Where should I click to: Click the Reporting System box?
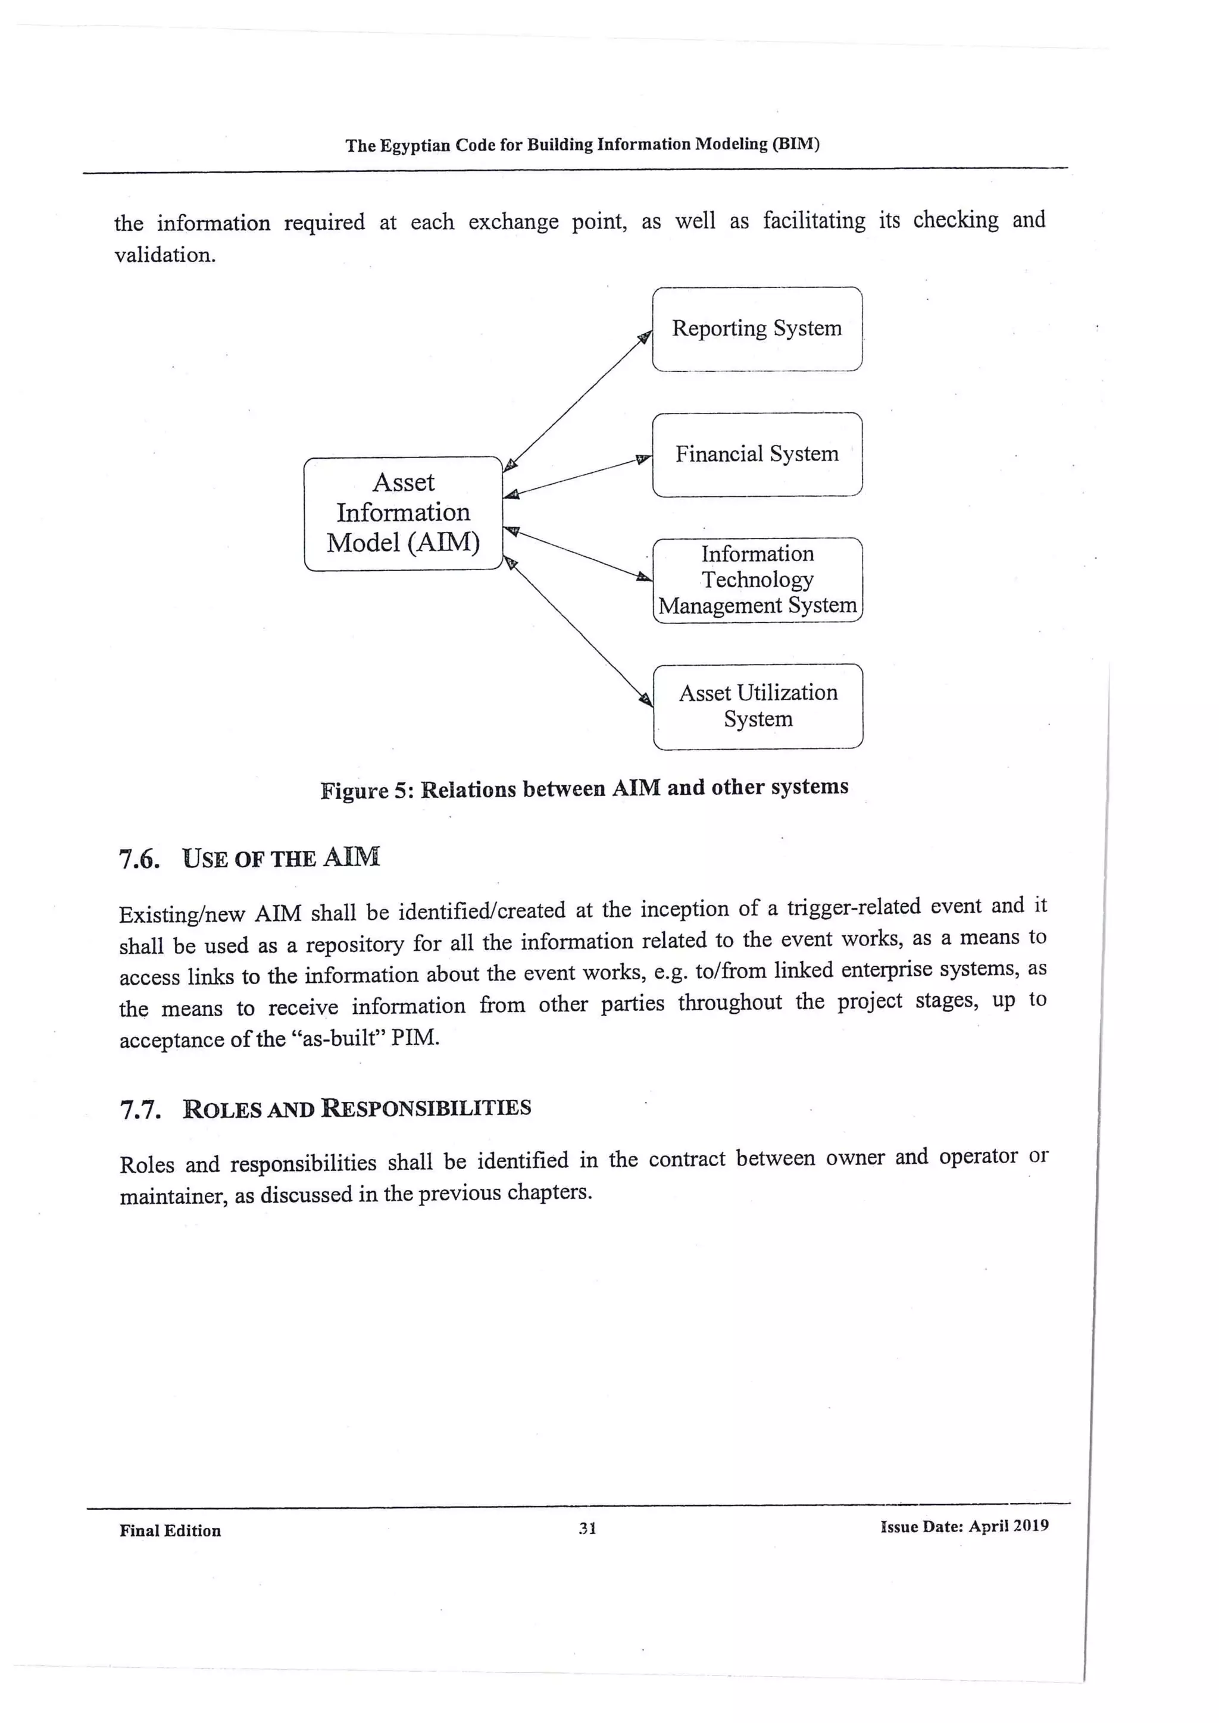[x=757, y=328]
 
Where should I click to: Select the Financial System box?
[x=757, y=454]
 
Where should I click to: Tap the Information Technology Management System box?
[x=757, y=579]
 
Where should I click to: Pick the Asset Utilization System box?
[x=758, y=706]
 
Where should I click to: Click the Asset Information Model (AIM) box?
[x=403, y=513]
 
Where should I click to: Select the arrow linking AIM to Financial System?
[x=577, y=477]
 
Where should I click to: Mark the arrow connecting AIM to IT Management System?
[x=577, y=554]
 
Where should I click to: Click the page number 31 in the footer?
[x=587, y=1528]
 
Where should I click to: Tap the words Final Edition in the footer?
[x=170, y=1530]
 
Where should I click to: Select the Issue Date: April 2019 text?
[x=964, y=1525]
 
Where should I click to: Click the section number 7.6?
[x=140, y=859]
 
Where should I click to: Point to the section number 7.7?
[x=140, y=1110]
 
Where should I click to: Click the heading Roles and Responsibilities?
[x=357, y=1108]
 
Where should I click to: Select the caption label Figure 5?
[x=367, y=790]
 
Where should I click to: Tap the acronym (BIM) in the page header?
[x=796, y=143]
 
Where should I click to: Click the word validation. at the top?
[x=165, y=255]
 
